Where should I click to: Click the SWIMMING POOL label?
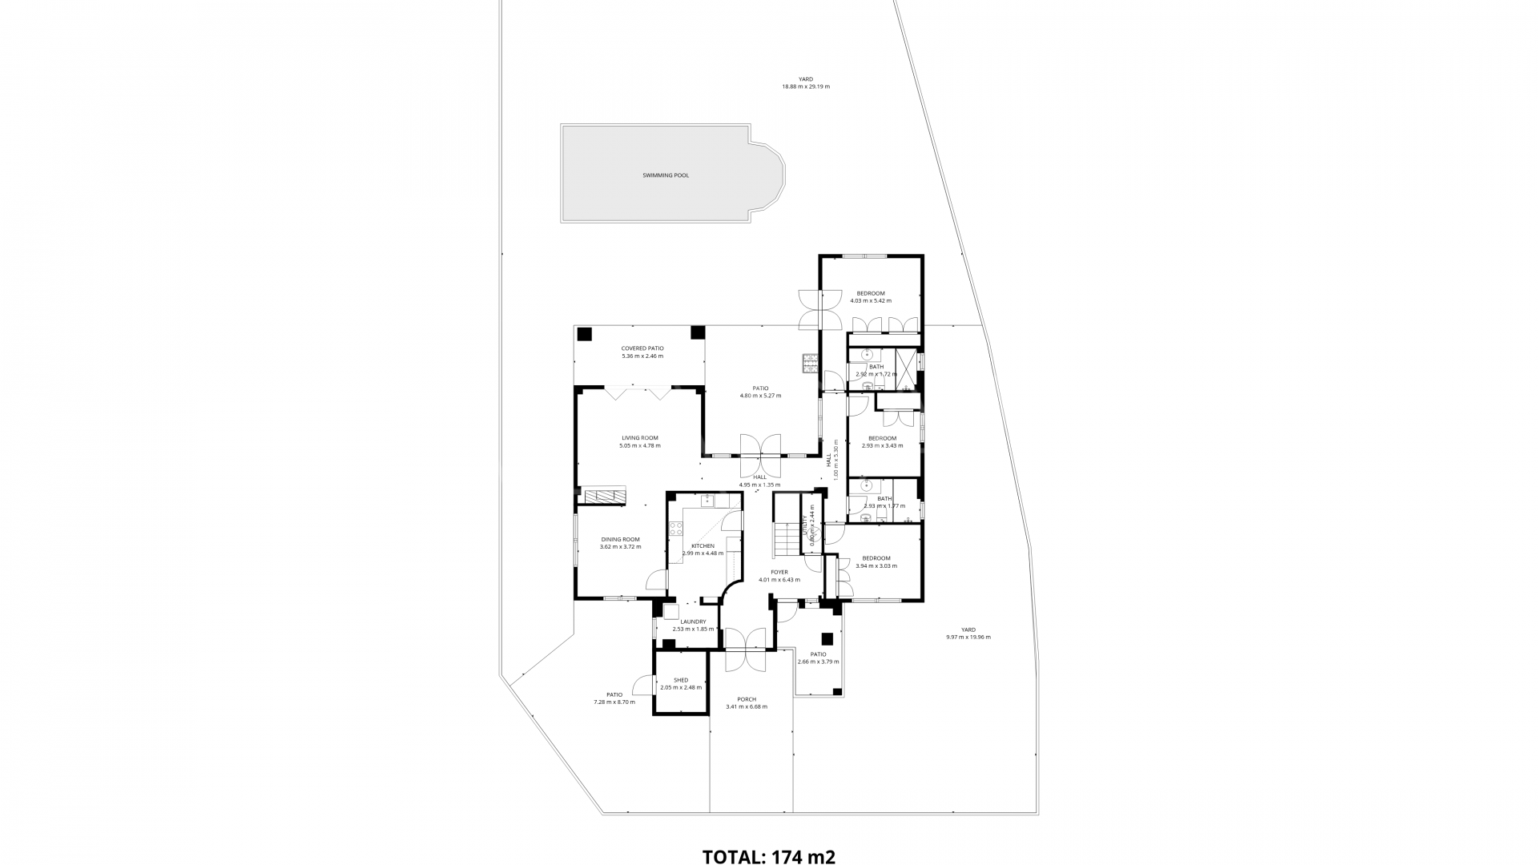pyautogui.click(x=665, y=175)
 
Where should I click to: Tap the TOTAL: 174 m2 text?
pyautogui.click(x=768, y=857)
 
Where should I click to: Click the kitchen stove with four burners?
pyautogui.click(x=675, y=529)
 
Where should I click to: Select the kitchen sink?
pyautogui.click(x=708, y=501)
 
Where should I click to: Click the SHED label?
pyautogui.click(x=680, y=680)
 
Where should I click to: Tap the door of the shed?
pyautogui.click(x=642, y=686)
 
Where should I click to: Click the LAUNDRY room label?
pyautogui.click(x=693, y=622)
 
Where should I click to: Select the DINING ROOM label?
pyautogui.click(x=620, y=539)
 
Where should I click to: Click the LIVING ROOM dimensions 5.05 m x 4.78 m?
pyautogui.click(x=639, y=445)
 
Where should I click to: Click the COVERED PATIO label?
pyautogui.click(x=642, y=348)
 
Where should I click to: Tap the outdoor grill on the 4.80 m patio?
pyautogui.click(x=810, y=364)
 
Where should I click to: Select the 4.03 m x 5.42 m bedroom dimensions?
pyautogui.click(x=870, y=301)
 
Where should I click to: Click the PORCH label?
pyautogui.click(x=746, y=699)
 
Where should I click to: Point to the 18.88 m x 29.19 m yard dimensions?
pyautogui.click(x=805, y=86)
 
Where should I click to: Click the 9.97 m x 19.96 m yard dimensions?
pyautogui.click(x=968, y=638)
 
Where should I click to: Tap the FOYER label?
pyautogui.click(x=779, y=572)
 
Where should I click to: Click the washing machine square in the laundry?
pyautogui.click(x=670, y=611)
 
